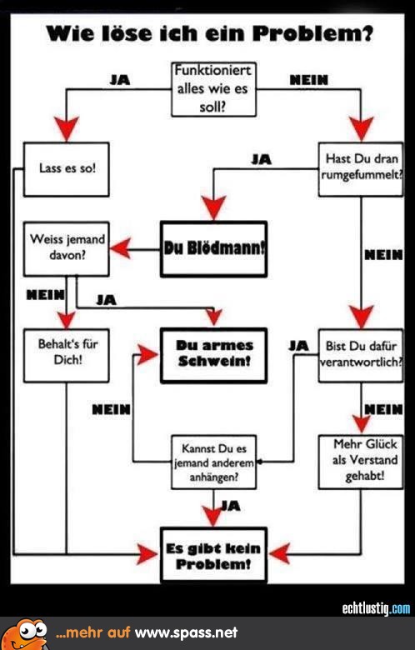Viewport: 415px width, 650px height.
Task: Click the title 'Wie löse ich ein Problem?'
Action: click(209, 33)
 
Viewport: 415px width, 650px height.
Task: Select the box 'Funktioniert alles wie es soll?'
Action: click(213, 89)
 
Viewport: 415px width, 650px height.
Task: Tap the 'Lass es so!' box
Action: click(67, 169)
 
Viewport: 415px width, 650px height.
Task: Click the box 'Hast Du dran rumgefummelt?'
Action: click(361, 169)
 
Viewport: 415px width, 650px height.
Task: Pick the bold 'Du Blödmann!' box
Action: click(213, 248)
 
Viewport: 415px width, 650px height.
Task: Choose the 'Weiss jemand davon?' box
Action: click(67, 248)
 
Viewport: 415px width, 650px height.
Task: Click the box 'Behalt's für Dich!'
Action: click(67, 355)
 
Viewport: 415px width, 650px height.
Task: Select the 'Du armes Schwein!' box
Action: click(213, 355)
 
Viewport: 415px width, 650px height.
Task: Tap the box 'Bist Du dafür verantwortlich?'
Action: click(361, 355)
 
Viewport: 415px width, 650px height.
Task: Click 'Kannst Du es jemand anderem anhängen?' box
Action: click(213, 462)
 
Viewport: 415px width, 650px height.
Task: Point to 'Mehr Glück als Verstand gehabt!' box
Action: click(361, 462)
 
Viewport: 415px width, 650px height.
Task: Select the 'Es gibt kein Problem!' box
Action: click(213, 555)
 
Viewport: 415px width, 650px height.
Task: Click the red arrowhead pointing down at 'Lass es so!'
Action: click(67, 128)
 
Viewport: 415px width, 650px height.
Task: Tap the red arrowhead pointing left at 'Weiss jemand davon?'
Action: click(121, 248)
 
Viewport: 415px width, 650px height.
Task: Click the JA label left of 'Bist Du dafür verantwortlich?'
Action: click(298, 346)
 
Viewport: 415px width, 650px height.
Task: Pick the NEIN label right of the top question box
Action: click(309, 80)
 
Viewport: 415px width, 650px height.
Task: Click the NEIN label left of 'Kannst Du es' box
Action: click(111, 409)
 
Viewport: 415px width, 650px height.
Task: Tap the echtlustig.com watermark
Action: click(376, 608)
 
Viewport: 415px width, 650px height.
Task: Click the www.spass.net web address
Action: click(187, 632)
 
